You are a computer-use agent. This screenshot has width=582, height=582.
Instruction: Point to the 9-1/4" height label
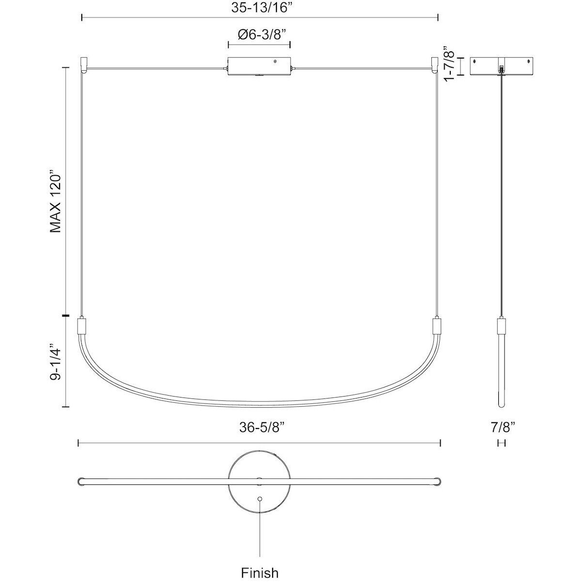(x=57, y=362)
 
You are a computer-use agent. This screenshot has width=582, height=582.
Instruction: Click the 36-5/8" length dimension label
(x=260, y=428)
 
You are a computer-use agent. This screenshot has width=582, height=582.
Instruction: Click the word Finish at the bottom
(x=260, y=573)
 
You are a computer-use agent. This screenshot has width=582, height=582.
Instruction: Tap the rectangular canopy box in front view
(x=259, y=66)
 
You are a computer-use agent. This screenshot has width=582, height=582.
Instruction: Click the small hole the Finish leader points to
(x=260, y=499)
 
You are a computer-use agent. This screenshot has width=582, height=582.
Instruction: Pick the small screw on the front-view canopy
(x=276, y=62)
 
